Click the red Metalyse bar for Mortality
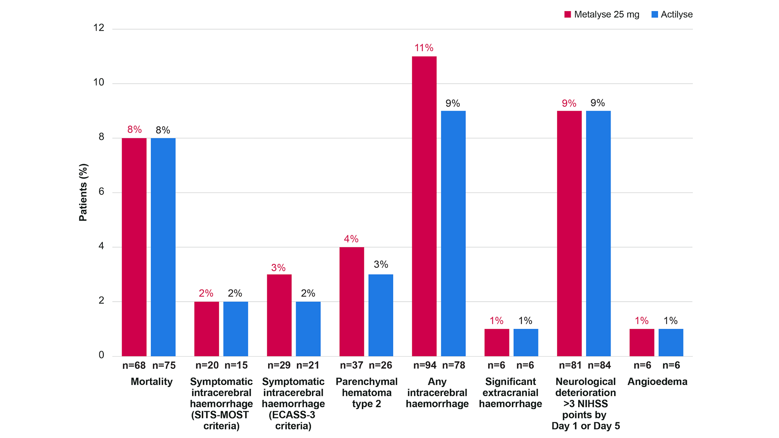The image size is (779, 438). click(x=134, y=247)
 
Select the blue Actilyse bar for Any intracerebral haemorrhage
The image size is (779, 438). click(x=453, y=233)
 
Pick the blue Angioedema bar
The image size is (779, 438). click(x=671, y=342)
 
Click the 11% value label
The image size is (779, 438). click(x=424, y=48)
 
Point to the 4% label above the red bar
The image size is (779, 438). click(x=351, y=239)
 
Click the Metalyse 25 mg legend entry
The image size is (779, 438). click(x=602, y=14)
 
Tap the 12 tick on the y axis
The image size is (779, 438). click(x=99, y=28)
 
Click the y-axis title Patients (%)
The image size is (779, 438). click(x=83, y=192)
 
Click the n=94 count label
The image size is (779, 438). click(x=424, y=365)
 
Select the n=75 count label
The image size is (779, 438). click(x=164, y=365)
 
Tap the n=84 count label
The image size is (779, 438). click(x=599, y=365)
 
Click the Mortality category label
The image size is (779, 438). click(x=152, y=381)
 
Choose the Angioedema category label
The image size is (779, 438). click(x=657, y=381)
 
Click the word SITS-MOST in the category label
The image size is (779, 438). click(x=220, y=415)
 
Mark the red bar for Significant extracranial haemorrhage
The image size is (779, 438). click(x=496, y=342)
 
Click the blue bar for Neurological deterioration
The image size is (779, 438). click(x=598, y=233)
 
